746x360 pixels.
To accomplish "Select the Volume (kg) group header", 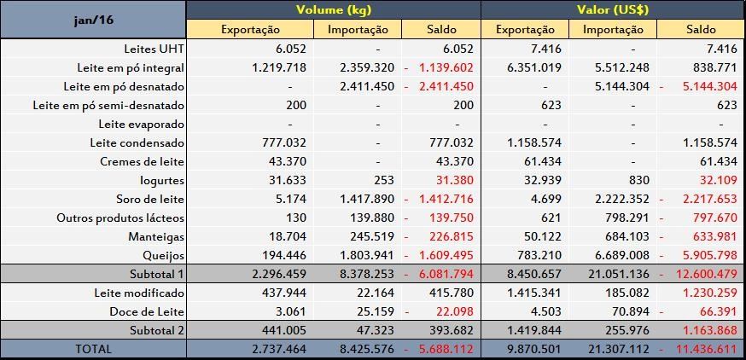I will pyautogui.click(x=333, y=9).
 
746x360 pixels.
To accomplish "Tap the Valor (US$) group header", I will pyautogui.click(x=612, y=9).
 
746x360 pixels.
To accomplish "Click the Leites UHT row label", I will pyautogui.click(x=151, y=49).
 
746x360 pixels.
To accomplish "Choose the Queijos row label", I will pyautogui.click(x=162, y=254).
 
